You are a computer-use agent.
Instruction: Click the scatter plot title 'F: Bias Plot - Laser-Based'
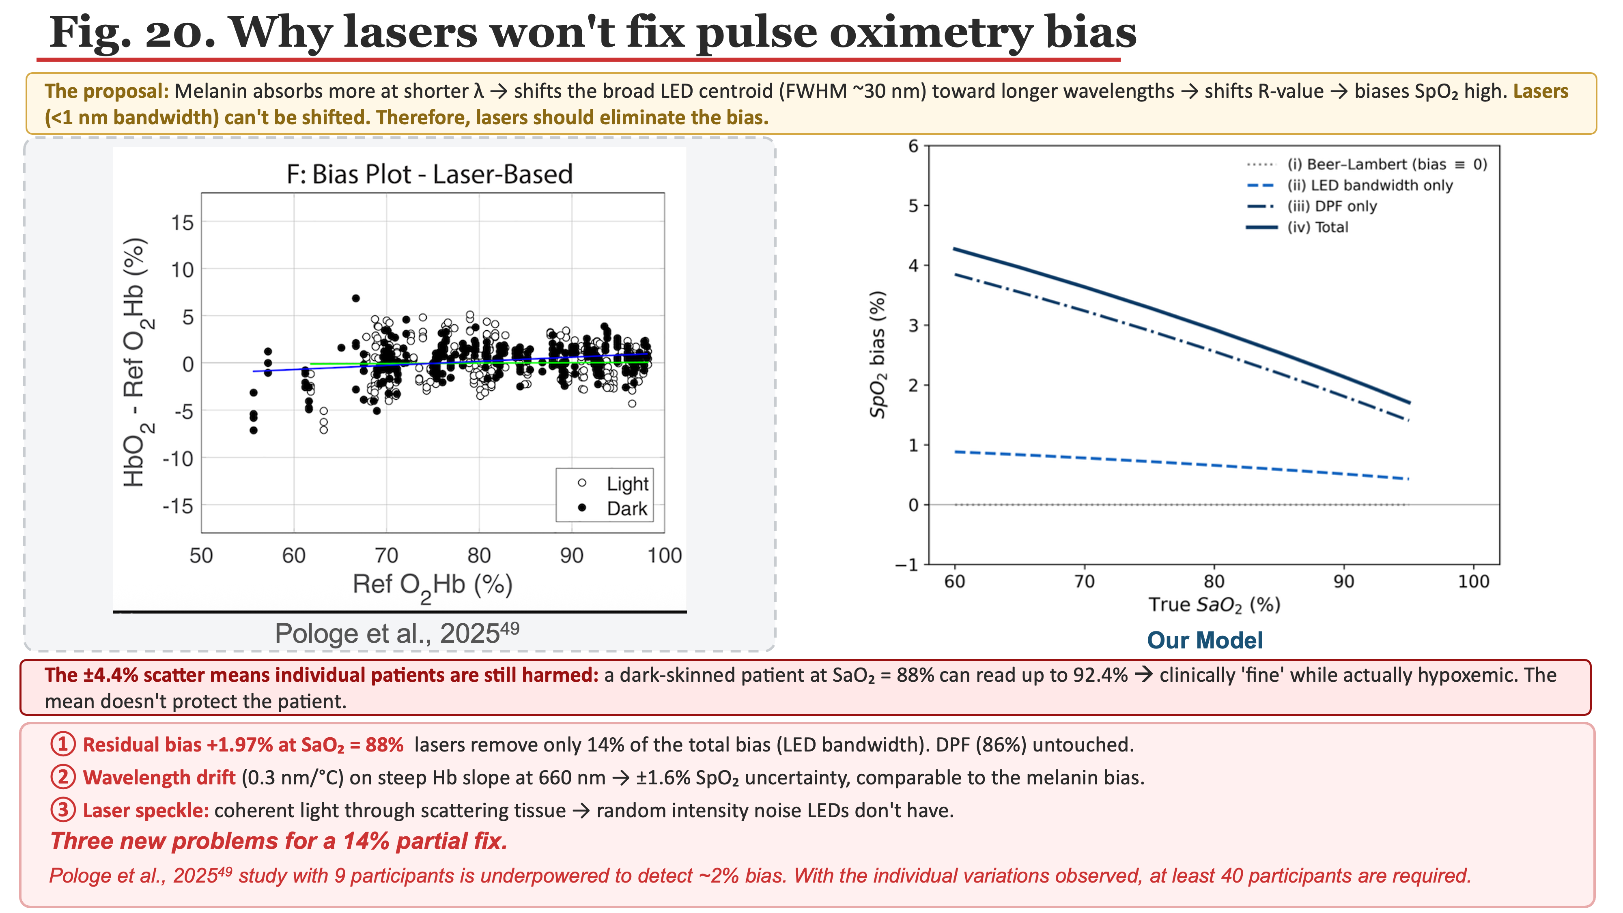point(430,174)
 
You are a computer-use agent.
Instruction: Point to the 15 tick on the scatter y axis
point(183,222)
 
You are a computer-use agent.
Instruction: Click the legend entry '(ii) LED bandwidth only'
point(1370,185)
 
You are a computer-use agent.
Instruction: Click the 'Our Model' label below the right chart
point(1205,640)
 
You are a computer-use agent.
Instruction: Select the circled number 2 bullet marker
point(63,777)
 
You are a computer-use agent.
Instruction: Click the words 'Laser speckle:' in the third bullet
point(146,810)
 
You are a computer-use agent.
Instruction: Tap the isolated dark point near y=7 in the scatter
point(355,298)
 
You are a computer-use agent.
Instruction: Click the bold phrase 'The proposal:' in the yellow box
point(106,91)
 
